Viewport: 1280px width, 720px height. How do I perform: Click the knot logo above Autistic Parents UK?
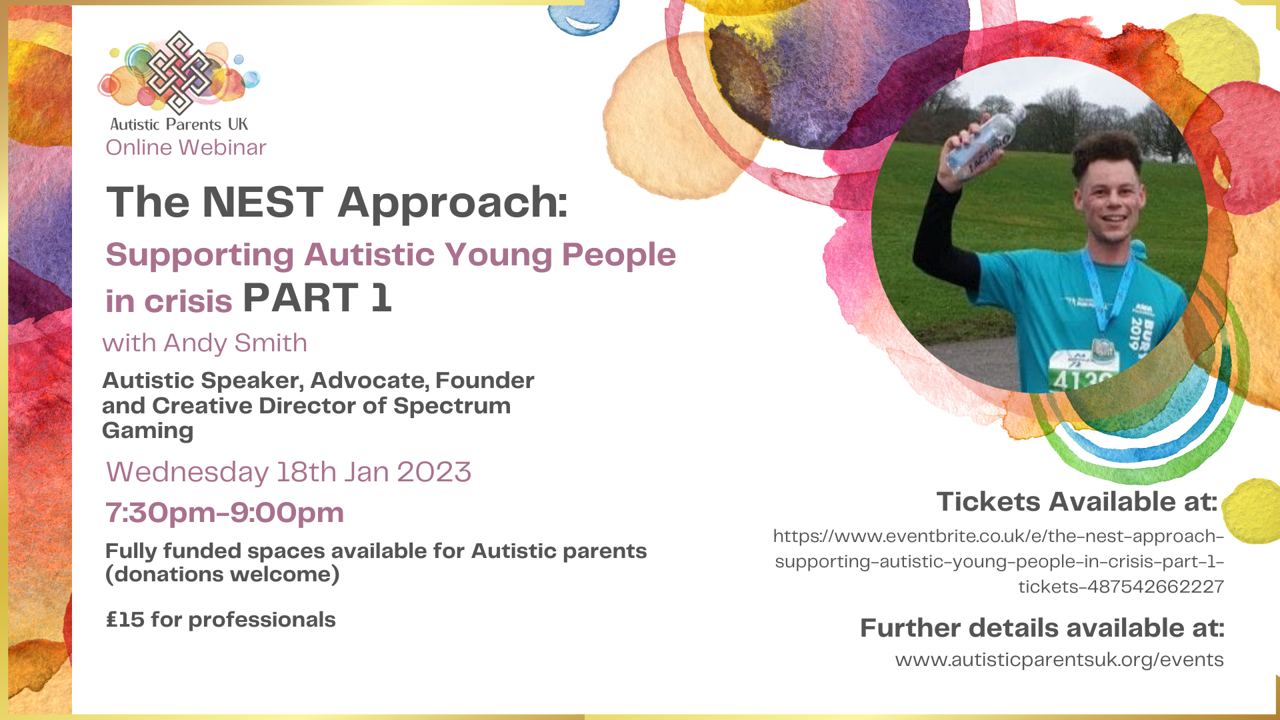click(x=179, y=72)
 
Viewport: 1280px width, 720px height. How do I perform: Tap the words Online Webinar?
click(x=185, y=147)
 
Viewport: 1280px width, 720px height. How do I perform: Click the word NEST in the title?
click(x=263, y=202)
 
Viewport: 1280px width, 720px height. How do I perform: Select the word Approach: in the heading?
click(x=453, y=202)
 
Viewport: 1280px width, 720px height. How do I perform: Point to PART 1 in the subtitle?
click(x=317, y=298)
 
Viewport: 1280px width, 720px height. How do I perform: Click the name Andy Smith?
click(x=235, y=343)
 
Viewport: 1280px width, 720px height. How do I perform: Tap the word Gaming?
click(x=148, y=431)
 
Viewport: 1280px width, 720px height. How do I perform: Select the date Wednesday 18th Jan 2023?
click(x=289, y=472)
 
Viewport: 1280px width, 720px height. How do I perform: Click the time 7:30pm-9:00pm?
click(x=225, y=513)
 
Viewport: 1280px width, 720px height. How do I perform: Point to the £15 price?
click(x=125, y=620)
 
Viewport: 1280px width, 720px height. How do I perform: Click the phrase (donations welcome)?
click(x=223, y=575)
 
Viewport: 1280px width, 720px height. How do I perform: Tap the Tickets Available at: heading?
click(x=1077, y=502)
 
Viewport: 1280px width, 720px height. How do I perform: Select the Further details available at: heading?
click(x=1042, y=628)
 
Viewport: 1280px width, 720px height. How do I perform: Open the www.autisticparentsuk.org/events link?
click(x=1059, y=660)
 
